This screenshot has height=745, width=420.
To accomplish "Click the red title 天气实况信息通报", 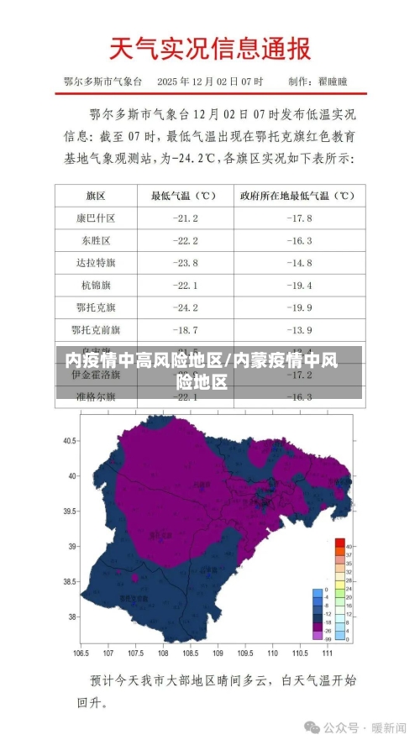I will (x=210, y=49).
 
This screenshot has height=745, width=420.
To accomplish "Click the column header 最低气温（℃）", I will (x=184, y=196).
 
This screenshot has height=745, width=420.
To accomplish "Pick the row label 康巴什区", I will (x=96, y=218).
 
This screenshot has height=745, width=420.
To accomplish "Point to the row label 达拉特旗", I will (x=96, y=263).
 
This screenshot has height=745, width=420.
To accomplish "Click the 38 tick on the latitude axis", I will (x=72, y=617).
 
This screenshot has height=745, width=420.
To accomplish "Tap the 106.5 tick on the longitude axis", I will (x=81, y=652).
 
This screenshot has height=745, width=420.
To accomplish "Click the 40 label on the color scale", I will (x=349, y=547).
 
